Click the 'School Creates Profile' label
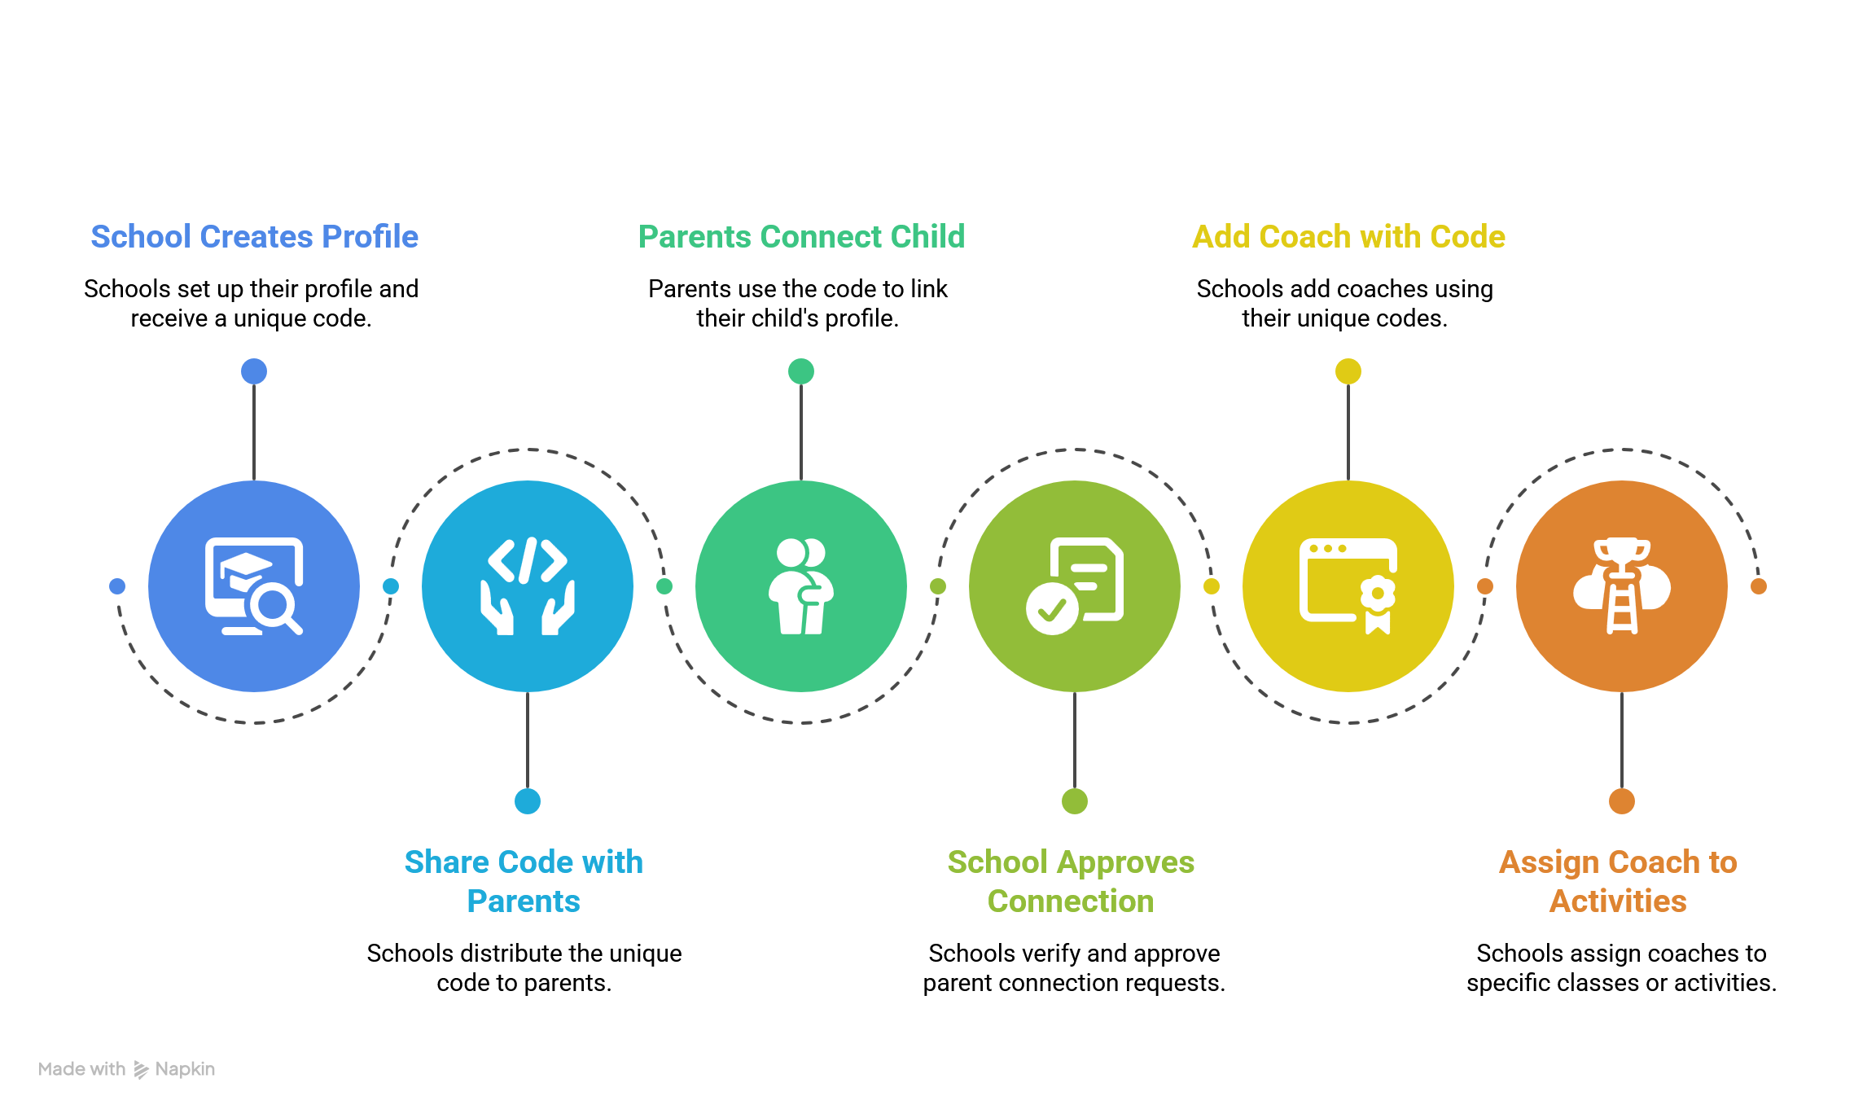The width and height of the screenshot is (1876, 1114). [254, 237]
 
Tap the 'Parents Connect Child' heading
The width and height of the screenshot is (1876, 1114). [801, 237]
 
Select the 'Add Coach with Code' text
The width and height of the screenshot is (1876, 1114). [1348, 237]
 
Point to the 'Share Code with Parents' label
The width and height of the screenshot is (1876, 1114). [524, 881]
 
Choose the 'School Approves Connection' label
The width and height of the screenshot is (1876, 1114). [1071, 881]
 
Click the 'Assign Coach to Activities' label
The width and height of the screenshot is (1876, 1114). [1618, 881]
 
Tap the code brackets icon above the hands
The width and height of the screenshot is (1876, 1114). [528, 560]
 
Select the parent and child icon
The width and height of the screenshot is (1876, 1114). [801, 586]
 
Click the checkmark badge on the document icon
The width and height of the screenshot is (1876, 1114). [1052, 608]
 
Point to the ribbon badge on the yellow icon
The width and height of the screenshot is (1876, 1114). [1378, 603]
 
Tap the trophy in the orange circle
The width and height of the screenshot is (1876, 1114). [1622, 554]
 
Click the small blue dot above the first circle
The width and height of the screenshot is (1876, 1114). [254, 371]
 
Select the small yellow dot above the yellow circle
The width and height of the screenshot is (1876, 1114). [1348, 371]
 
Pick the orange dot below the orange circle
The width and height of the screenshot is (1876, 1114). [1622, 801]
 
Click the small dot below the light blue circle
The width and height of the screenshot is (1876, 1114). [528, 801]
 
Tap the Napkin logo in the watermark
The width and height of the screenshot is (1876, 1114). [141, 1069]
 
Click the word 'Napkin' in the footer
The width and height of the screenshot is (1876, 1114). [185, 1069]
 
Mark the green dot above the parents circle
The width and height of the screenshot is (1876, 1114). [801, 371]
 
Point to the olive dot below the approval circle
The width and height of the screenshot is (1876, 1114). [1075, 801]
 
